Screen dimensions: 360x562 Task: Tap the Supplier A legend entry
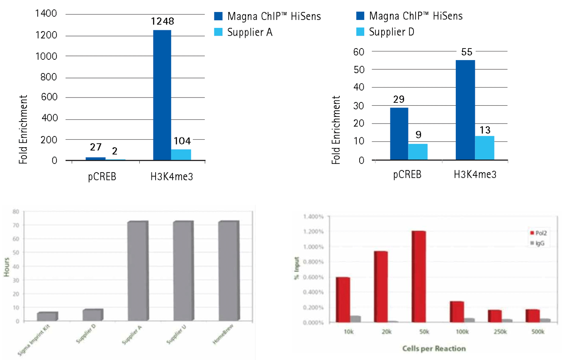pyautogui.click(x=250, y=32)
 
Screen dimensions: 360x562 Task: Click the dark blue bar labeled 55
pyautogui.click(x=465, y=110)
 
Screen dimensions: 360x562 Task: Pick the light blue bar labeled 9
pyautogui.click(x=417, y=151)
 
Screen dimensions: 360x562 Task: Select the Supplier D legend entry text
pyautogui.click(x=392, y=32)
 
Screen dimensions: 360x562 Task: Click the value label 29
pyautogui.click(x=399, y=100)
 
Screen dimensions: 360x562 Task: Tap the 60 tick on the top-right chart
pyautogui.click(x=358, y=51)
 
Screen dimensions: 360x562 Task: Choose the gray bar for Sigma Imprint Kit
pyautogui.click(x=47, y=316)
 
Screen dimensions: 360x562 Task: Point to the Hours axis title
pyautogui.click(x=7, y=266)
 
